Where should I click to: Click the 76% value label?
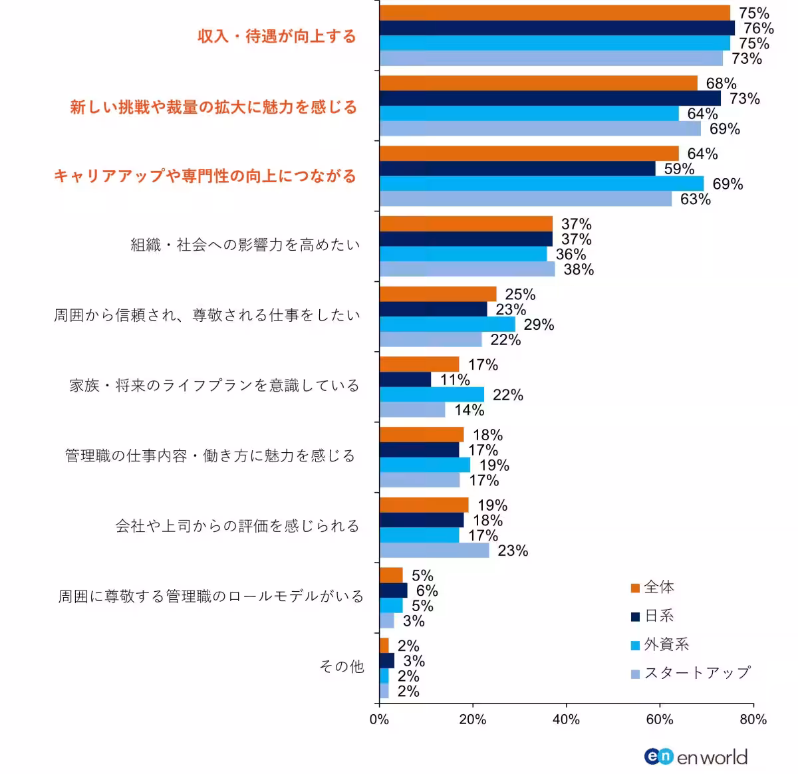[758, 29]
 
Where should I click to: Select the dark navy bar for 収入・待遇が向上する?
[557, 28]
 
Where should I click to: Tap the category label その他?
[341, 666]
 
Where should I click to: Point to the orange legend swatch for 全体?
[635, 588]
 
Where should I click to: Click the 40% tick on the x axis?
[566, 719]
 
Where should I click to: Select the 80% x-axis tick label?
[753, 719]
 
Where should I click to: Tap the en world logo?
[696, 757]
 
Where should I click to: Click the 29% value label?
[539, 325]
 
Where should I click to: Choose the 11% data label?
[455, 380]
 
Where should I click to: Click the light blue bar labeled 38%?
[467, 269]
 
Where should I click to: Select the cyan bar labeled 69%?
[541, 184]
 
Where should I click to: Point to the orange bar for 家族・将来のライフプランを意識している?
[419, 364]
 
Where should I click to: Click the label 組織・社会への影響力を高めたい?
[245, 245]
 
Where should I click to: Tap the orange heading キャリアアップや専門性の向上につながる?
[205, 176]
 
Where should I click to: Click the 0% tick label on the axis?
[379, 719]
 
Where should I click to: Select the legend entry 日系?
[659, 616]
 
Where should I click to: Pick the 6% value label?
[427, 591]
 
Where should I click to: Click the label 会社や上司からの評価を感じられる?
[237, 527]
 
